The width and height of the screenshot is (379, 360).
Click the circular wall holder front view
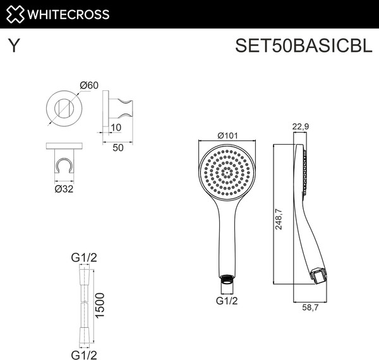click(x=63, y=104)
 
